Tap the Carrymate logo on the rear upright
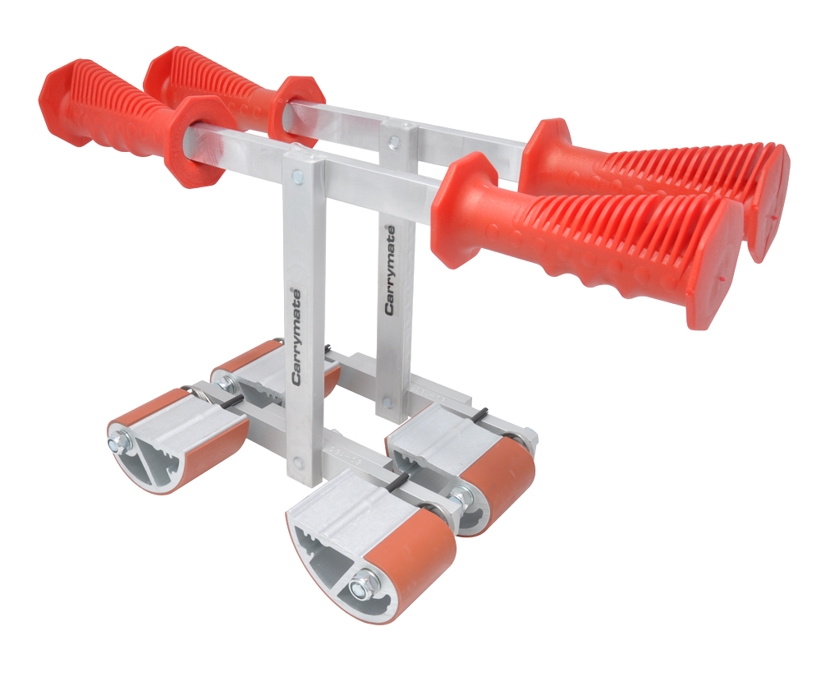point(390,269)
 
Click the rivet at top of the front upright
point(297,175)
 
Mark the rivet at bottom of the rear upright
point(387,403)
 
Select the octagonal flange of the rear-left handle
point(296,111)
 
